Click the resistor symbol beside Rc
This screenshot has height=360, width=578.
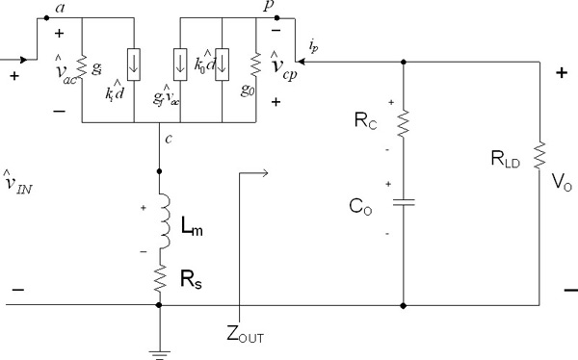click(x=402, y=124)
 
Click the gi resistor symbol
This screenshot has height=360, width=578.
click(x=83, y=70)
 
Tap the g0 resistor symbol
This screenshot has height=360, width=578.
click(x=254, y=70)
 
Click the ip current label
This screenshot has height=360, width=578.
click(x=315, y=44)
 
